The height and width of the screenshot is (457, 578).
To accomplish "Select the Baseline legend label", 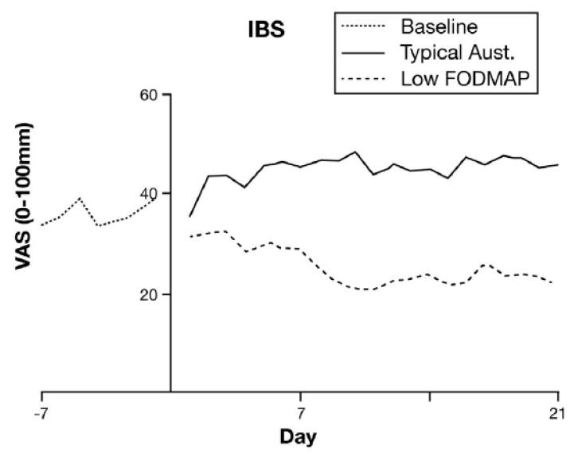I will pyautogui.click(x=439, y=26).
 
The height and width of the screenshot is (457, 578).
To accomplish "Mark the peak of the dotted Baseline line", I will pyautogui.click(x=79, y=198).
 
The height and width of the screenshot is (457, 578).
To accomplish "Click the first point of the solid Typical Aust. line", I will pyautogui.click(x=189, y=216).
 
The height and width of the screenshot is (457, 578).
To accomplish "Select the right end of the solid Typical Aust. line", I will pyautogui.click(x=558, y=164).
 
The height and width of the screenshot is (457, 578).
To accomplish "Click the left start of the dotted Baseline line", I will pyautogui.click(x=41, y=225).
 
